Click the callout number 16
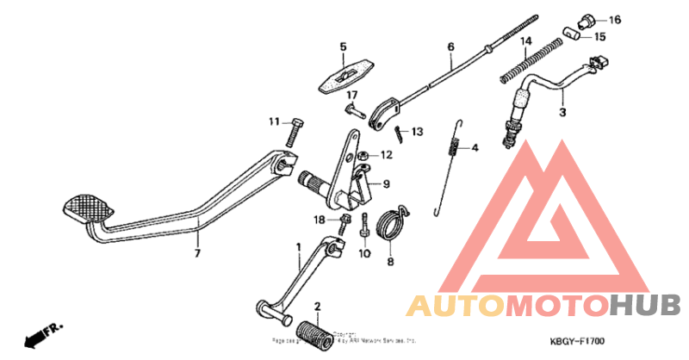click(x=614, y=20)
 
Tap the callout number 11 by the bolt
click(x=273, y=121)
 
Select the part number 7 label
click(x=196, y=254)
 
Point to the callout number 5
click(x=342, y=47)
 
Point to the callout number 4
click(x=474, y=147)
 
